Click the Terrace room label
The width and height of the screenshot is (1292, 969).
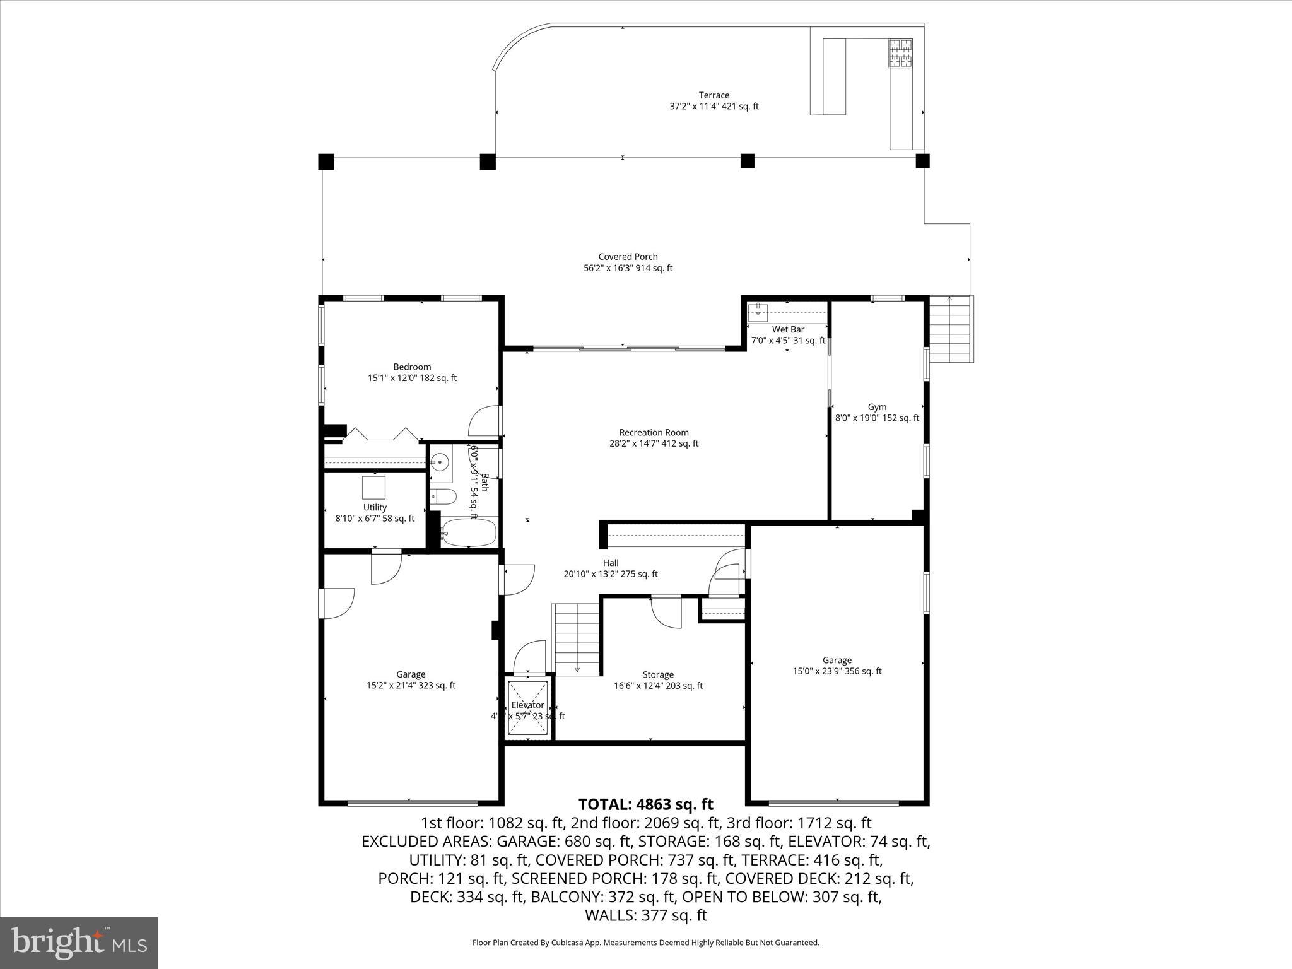coord(714,95)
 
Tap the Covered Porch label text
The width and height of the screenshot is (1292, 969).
coord(628,257)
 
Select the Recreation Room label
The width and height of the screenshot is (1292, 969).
coord(654,432)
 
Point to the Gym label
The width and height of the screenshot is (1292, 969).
coord(877,407)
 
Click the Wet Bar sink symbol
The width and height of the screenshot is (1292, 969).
coord(758,312)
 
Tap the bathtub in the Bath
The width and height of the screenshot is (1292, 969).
coord(468,533)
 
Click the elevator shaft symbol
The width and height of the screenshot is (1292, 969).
coord(529,707)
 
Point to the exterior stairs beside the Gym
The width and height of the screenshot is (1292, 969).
coord(950,329)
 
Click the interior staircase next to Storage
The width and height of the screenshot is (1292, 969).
coord(575,638)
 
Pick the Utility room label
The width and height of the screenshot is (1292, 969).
coord(375,507)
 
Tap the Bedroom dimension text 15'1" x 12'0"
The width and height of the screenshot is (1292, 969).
coord(412,379)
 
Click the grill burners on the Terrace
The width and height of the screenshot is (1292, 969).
coord(900,53)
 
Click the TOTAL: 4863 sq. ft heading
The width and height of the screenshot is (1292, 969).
coord(645,804)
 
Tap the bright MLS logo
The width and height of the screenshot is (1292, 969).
coord(79,943)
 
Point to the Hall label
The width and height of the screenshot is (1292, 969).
coord(610,563)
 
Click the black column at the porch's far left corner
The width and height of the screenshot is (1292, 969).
coord(326,161)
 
